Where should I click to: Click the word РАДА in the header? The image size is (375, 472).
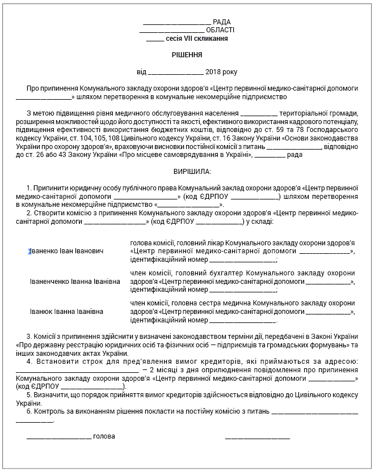[x=222, y=22]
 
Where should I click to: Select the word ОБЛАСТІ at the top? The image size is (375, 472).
[x=220, y=30]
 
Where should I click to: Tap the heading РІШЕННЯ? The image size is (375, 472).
[x=187, y=55]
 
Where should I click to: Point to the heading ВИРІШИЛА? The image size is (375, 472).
[x=187, y=171]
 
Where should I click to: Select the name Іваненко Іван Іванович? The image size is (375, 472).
[x=67, y=250]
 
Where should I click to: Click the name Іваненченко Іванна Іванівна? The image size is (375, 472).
[x=75, y=281]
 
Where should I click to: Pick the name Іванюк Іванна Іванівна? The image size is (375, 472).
[x=67, y=312]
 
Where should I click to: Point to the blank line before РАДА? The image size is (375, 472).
[x=177, y=22]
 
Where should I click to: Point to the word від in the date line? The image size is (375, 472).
[x=141, y=72]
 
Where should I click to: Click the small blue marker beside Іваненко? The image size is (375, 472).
[x=29, y=250]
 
